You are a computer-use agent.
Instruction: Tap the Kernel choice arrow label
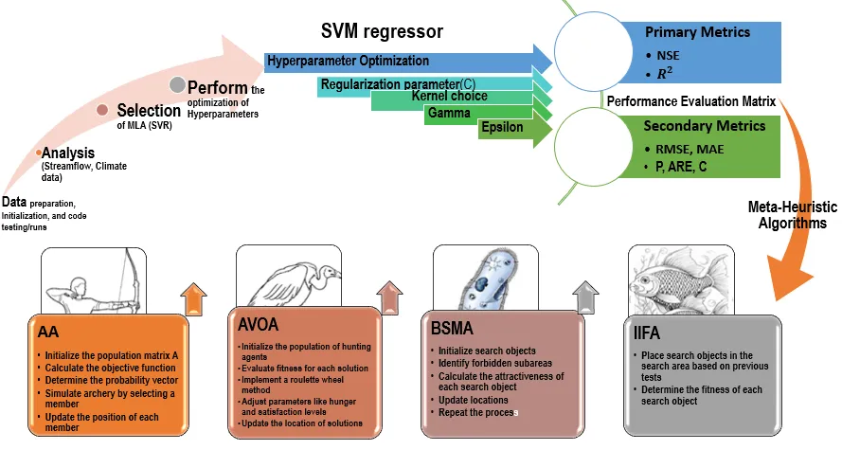450,97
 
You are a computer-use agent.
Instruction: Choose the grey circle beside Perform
177,84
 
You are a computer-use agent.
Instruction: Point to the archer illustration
94,279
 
